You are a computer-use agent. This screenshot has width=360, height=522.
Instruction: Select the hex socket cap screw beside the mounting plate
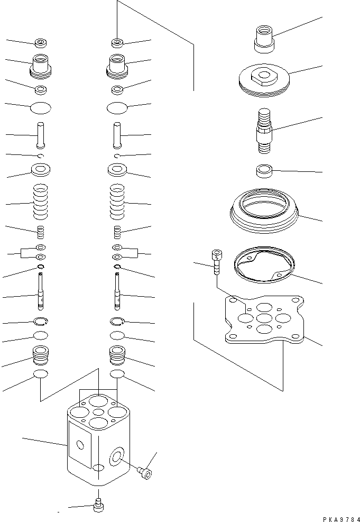pyautogui.click(x=216, y=261)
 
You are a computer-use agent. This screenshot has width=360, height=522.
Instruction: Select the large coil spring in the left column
pyautogui.click(x=41, y=201)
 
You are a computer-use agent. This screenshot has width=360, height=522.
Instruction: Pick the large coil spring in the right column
pyautogui.click(x=117, y=201)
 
